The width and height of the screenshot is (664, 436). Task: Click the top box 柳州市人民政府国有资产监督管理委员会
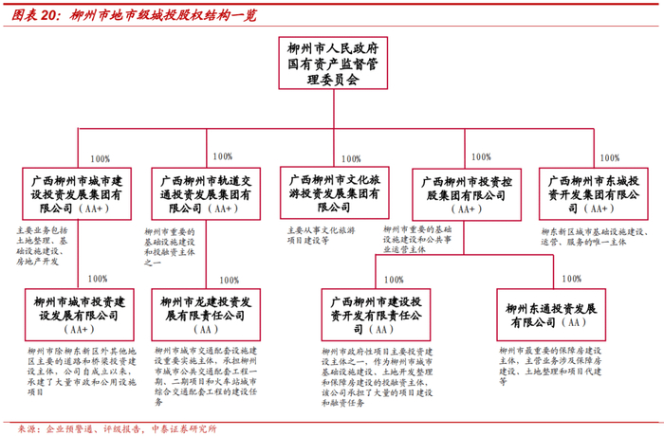[332, 64]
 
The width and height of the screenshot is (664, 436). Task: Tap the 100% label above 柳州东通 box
[571, 280]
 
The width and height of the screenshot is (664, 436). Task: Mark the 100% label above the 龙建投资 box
[229, 280]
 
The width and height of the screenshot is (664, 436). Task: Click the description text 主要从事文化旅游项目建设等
[320, 235]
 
